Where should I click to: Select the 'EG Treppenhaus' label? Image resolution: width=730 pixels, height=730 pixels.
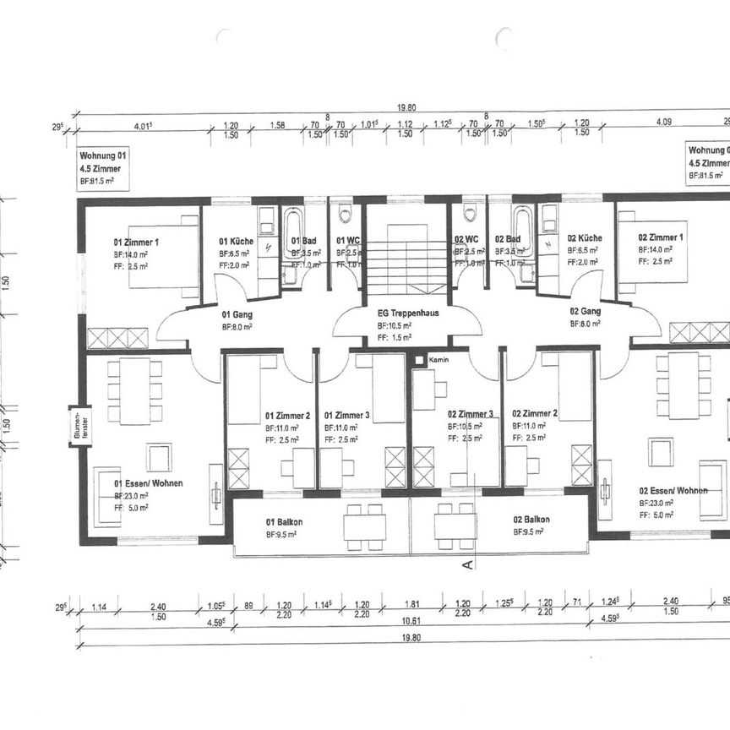(406, 313)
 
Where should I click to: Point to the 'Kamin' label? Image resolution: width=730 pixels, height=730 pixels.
(439, 360)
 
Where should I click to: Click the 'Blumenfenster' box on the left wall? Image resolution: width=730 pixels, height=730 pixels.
(80, 427)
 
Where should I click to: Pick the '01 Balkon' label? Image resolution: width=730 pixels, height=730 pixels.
(284, 521)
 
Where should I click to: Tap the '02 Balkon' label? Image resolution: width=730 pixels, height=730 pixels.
(531, 520)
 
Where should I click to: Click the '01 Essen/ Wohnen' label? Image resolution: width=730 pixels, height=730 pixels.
(149, 483)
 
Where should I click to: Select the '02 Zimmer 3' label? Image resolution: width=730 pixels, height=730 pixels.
(471, 414)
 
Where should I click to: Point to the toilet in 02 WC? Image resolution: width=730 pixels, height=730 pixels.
(470, 213)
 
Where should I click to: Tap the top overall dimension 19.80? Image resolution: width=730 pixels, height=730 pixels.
(409, 107)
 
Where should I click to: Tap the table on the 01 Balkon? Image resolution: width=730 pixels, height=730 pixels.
(364, 527)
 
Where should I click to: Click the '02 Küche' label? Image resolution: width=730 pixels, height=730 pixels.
(585, 238)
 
